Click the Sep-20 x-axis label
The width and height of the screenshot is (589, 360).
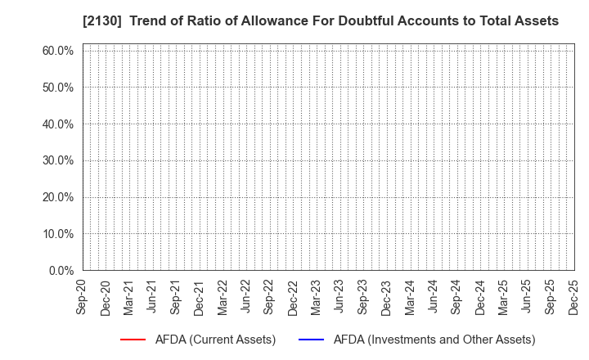[83, 296]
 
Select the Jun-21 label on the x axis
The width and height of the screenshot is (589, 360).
[153, 296]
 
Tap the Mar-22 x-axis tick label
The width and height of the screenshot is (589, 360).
[223, 296]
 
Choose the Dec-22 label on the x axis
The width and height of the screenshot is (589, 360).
[293, 296]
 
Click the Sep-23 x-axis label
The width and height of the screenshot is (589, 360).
[363, 296]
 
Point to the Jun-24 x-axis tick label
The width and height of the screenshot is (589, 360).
[434, 296]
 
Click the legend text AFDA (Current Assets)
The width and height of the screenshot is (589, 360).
[215, 340]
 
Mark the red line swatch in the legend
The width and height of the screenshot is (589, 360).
[133, 340]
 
